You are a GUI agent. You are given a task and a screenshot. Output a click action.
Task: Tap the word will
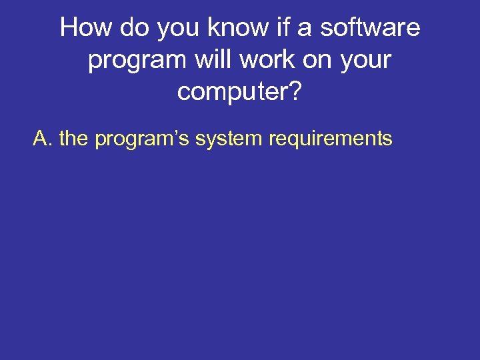pyautogui.click(x=213, y=60)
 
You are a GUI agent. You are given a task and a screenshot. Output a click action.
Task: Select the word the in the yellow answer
pyautogui.click(x=73, y=139)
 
